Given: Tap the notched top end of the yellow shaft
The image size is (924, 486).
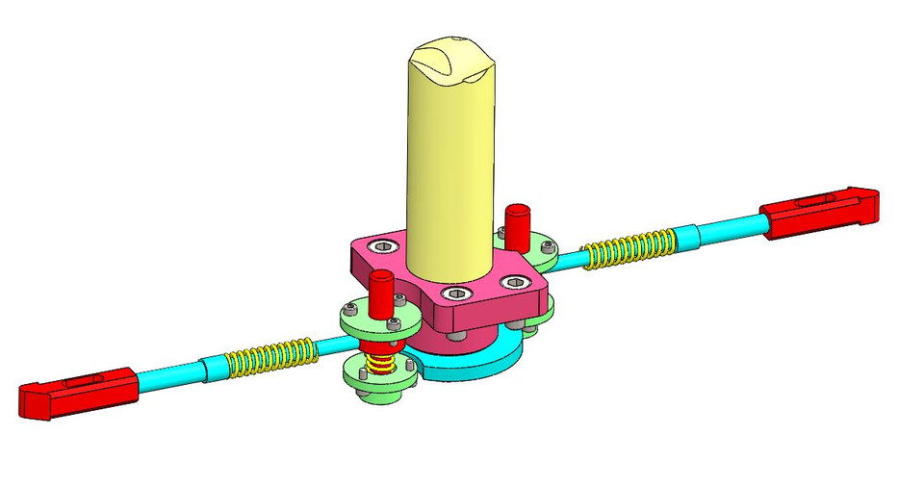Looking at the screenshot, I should pos(452,60).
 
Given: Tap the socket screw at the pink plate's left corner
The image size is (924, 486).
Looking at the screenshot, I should pos(386,246).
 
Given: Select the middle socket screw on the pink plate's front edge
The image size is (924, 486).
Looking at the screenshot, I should pos(457,294).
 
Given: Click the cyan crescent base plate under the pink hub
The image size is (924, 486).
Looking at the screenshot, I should pos(472,367).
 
